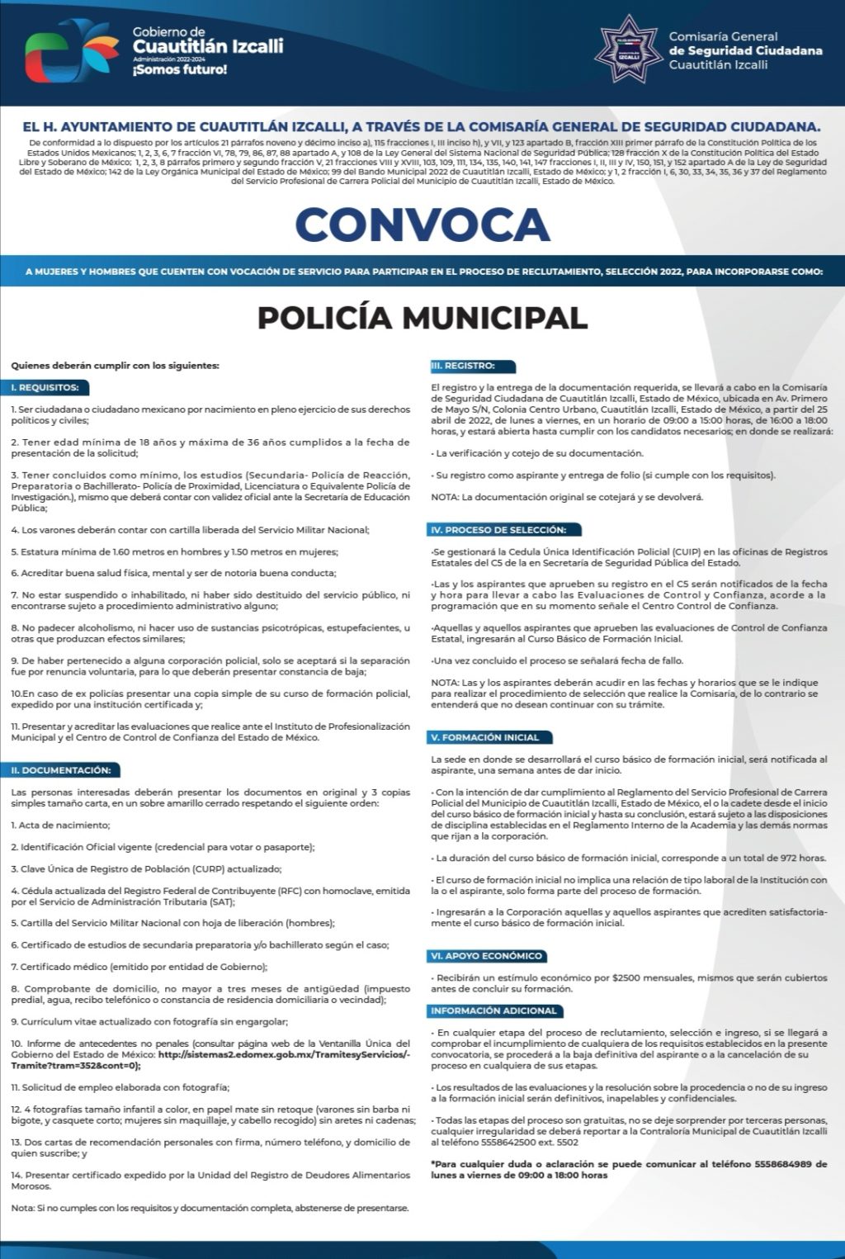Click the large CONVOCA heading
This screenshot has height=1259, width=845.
click(x=422, y=225)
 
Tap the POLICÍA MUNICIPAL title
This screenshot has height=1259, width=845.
click(x=422, y=317)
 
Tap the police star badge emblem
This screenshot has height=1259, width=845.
click(x=628, y=49)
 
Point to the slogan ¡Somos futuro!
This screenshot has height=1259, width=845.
click(x=179, y=70)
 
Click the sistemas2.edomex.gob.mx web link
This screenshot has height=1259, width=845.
click(x=281, y=1054)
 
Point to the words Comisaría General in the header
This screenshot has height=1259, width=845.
click(x=723, y=36)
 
